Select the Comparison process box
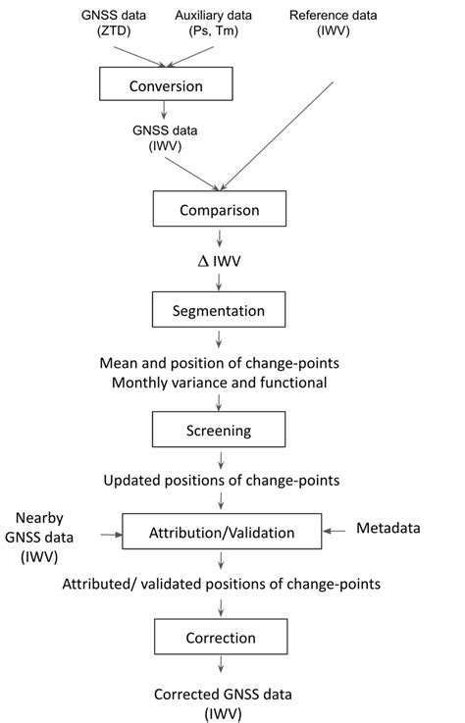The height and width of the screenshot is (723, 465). tap(219, 209)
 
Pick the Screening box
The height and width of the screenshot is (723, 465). tap(219, 430)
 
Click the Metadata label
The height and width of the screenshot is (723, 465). tap(387, 529)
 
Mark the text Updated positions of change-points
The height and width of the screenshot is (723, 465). tap(220, 481)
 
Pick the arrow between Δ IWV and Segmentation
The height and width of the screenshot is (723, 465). tap(220, 281)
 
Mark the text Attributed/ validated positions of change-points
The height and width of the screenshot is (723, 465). tap(221, 584)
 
